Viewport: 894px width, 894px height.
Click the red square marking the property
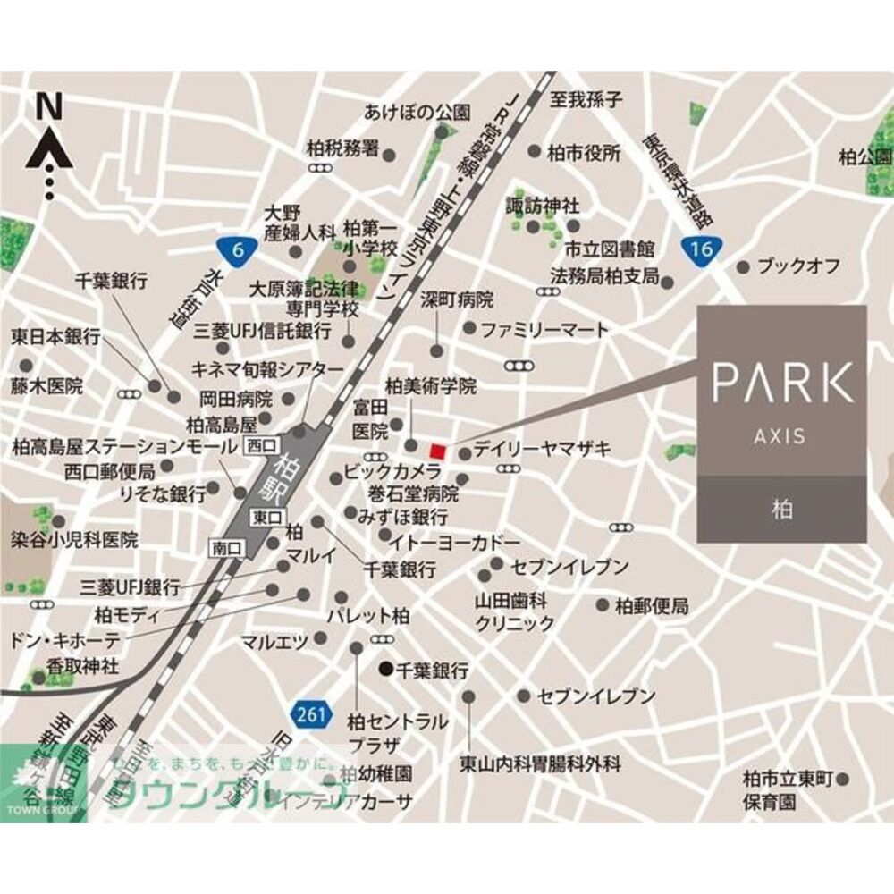point(437,450)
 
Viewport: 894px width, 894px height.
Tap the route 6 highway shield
point(234,251)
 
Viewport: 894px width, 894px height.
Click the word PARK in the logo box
point(781,384)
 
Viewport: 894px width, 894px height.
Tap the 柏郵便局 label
point(652,607)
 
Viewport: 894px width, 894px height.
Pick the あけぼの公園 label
point(417,113)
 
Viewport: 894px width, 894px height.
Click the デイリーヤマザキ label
point(542,450)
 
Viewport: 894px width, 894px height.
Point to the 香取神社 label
point(82,665)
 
